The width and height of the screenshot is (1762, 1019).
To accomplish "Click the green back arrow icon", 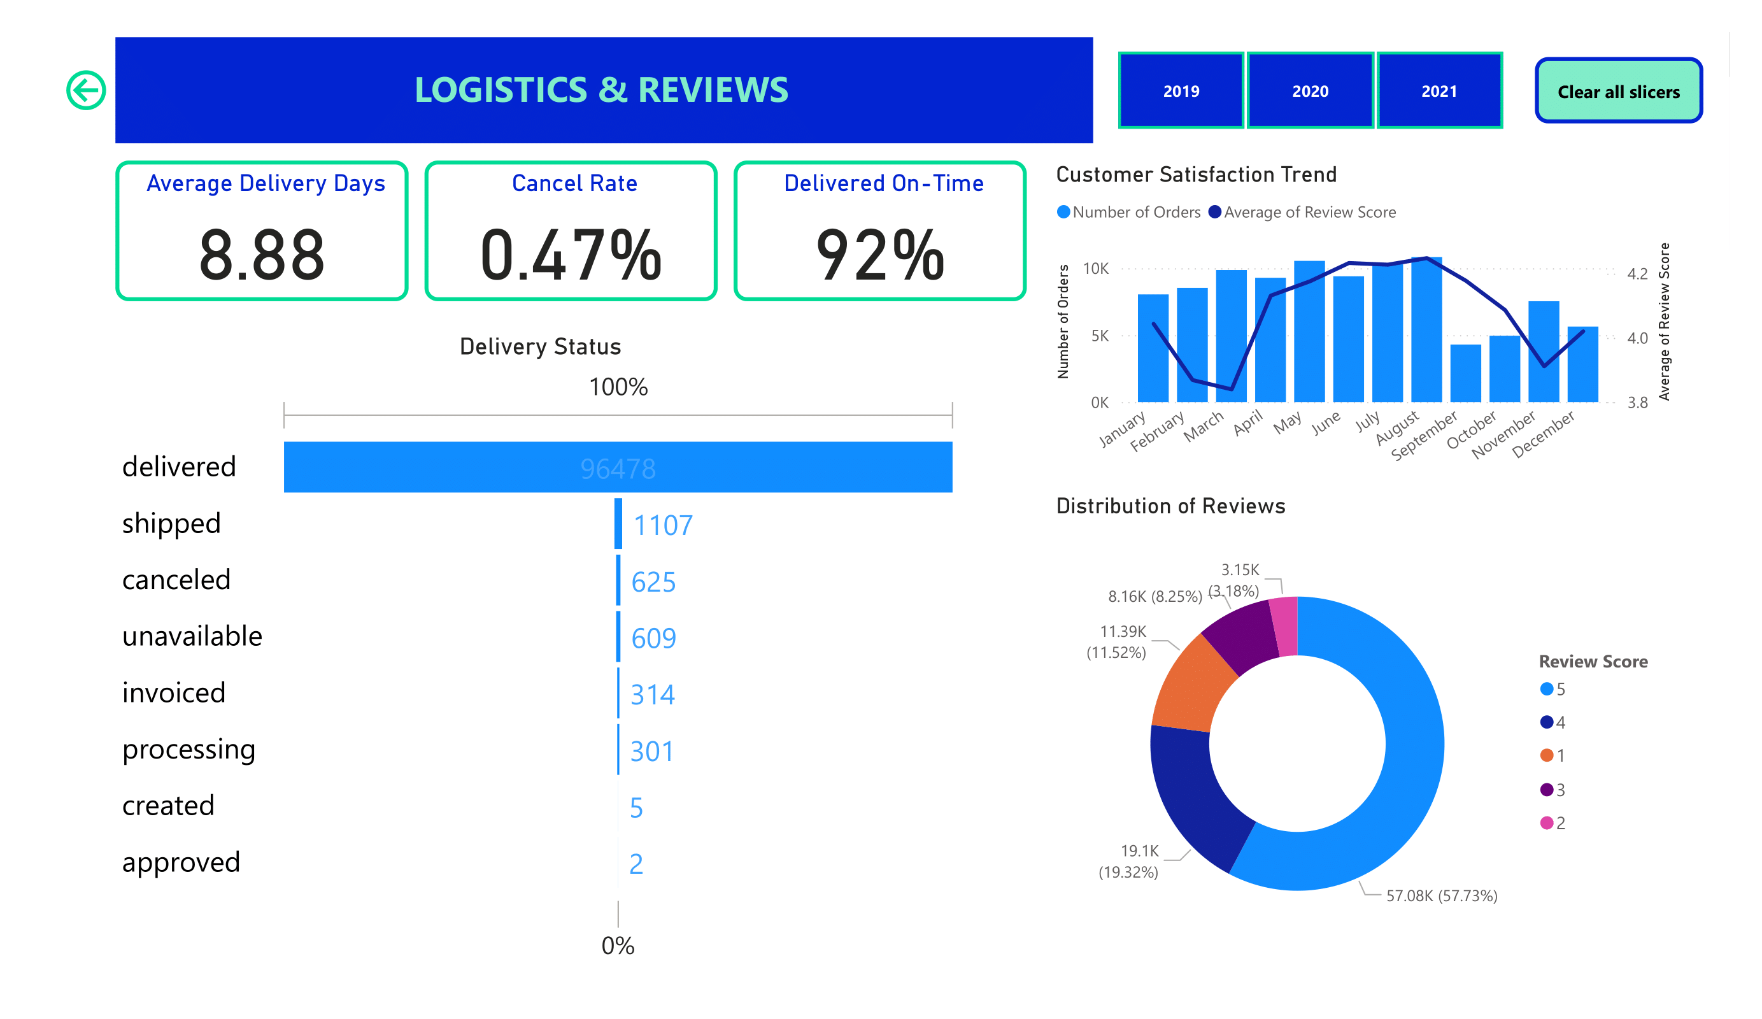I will coord(86,90).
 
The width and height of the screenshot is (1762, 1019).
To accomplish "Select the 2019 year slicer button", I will coord(1181,91).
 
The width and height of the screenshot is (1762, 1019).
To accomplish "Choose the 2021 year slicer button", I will coord(1439,91).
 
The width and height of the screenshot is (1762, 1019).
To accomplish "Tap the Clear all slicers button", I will coord(1618,91).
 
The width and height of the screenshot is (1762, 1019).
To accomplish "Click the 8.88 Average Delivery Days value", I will coord(262,255).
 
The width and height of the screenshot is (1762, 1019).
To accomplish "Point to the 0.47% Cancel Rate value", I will coord(571,255).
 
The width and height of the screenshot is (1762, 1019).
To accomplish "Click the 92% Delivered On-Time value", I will coord(879,255).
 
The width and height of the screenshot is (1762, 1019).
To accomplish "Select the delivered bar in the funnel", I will coord(618,467).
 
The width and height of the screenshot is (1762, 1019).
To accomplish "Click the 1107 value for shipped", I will coord(662,525).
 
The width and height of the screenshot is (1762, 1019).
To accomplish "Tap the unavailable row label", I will coord(192,636).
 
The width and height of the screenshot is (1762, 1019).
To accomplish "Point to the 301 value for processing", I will coord(651,751).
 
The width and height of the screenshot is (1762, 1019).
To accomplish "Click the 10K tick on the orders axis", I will coord(1096,269).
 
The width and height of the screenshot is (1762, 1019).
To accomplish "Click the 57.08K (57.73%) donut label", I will coord(1441,896).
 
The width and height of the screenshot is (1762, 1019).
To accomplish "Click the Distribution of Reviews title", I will coord(1170,506).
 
